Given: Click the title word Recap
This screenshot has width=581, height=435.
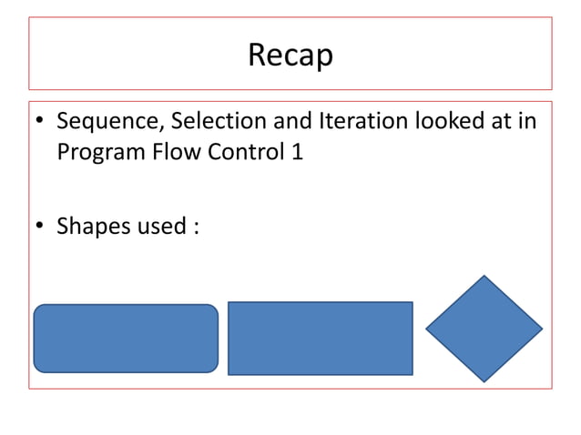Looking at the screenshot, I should [x=290, y=56].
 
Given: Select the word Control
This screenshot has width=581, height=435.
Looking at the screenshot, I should [x=242, y=152].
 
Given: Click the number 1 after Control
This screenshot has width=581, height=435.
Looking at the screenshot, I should [x=296, y=152].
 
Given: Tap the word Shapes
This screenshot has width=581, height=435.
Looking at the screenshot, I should [x=94, y=227].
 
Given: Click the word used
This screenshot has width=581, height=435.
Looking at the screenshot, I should [x=161, y=226].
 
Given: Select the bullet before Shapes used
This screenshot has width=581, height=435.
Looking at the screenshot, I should [x=40, y=227].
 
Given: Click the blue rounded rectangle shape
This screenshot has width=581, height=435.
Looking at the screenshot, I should [x=126, y=338].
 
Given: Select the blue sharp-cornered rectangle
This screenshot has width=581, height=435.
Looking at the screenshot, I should [x=320, y=338].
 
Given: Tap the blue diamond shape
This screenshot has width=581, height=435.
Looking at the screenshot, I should [x=484, y=328].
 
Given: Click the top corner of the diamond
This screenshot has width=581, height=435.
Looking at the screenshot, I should [x=484, y=277].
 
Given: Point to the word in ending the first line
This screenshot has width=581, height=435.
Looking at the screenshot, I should [x=527, y=122].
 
